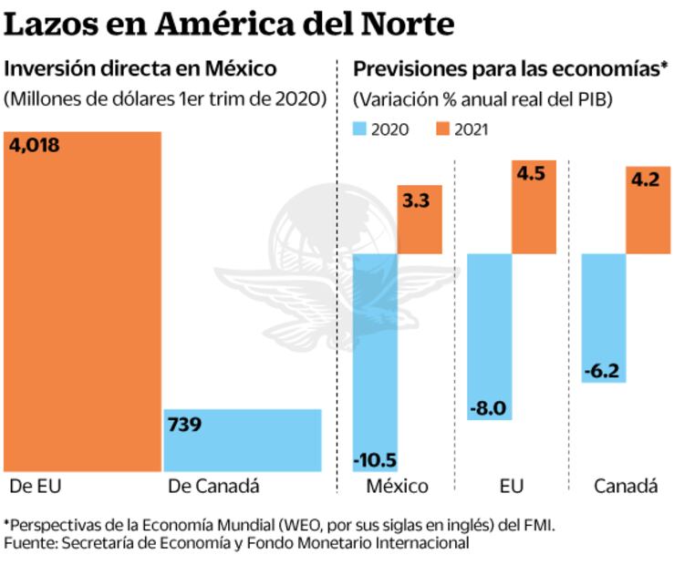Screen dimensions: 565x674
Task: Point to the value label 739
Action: (x=184, y=424)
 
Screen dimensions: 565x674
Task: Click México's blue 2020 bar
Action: (x=374, y=355)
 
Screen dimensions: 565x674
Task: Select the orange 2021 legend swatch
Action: (x=444, y=129)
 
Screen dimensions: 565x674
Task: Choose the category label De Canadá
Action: (x=214, y=486)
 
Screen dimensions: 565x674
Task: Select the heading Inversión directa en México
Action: (x=140, y=68)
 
